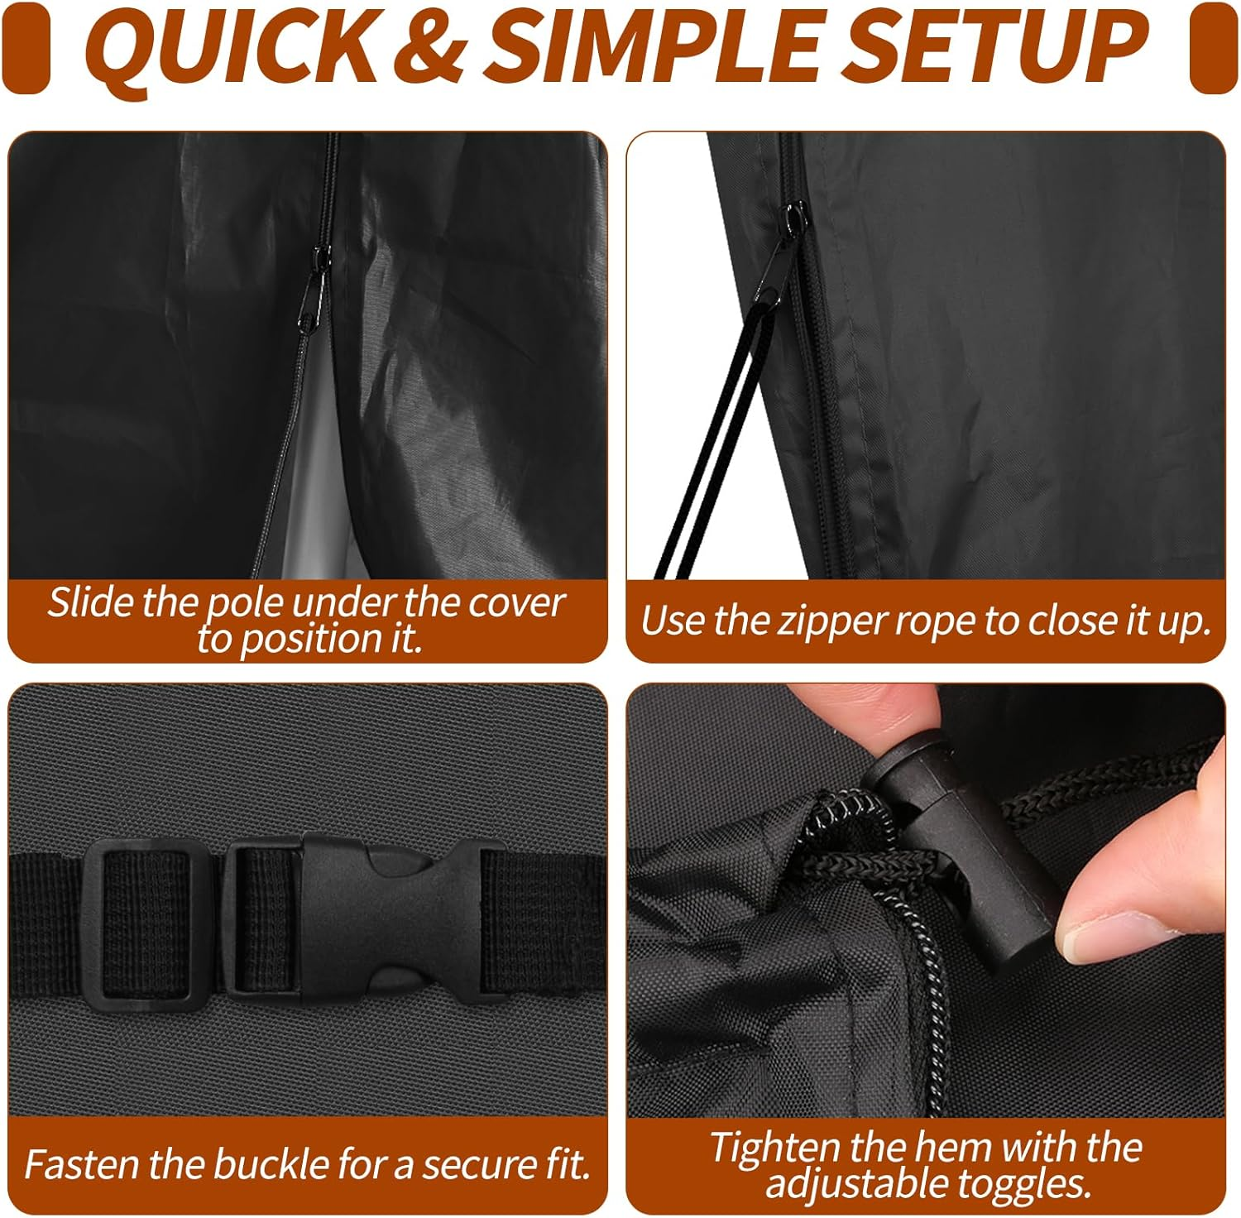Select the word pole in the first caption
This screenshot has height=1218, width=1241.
[x=246, y=604]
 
